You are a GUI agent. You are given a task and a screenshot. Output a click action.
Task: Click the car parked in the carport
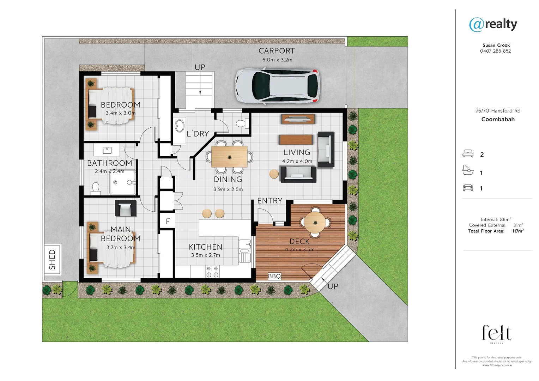(x=277, y=86)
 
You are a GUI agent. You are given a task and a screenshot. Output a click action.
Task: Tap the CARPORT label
(x=277, y=51)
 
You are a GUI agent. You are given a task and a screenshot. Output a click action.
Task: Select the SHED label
(x=53, y=259)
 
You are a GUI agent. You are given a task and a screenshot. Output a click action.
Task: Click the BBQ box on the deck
(x=274, y=276)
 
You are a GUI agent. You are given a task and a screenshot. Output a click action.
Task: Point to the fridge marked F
(x=168, y=222)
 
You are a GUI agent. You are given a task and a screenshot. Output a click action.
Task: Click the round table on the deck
(x=315, y=222)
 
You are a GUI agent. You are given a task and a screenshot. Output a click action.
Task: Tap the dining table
(x=229, y=157)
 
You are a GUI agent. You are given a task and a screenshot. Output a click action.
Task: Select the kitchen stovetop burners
(x=212, y=272)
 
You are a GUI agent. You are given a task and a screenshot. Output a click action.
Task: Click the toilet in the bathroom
(x=96, y=188)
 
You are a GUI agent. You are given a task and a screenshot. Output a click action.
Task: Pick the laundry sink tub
(x=180, y=126)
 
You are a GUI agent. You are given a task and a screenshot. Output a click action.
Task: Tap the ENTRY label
(x=270, y=201)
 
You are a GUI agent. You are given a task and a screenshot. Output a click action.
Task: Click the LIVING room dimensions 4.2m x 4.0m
(x=297, y=161)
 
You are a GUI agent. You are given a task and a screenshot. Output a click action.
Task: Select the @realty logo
(x=493, y=24)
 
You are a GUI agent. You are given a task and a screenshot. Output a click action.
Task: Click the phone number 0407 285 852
(x=495, y=51)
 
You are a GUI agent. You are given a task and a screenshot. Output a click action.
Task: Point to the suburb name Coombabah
(x=498, y=119)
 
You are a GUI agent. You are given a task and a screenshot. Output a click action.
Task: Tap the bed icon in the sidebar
(x=468, y=154)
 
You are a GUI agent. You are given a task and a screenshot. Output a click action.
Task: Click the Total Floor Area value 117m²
(x=517, y=231)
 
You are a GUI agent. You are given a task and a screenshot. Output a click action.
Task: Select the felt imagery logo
(x=497, y=333)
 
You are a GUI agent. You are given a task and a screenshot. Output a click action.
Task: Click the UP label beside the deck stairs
(x=333, y=286)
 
